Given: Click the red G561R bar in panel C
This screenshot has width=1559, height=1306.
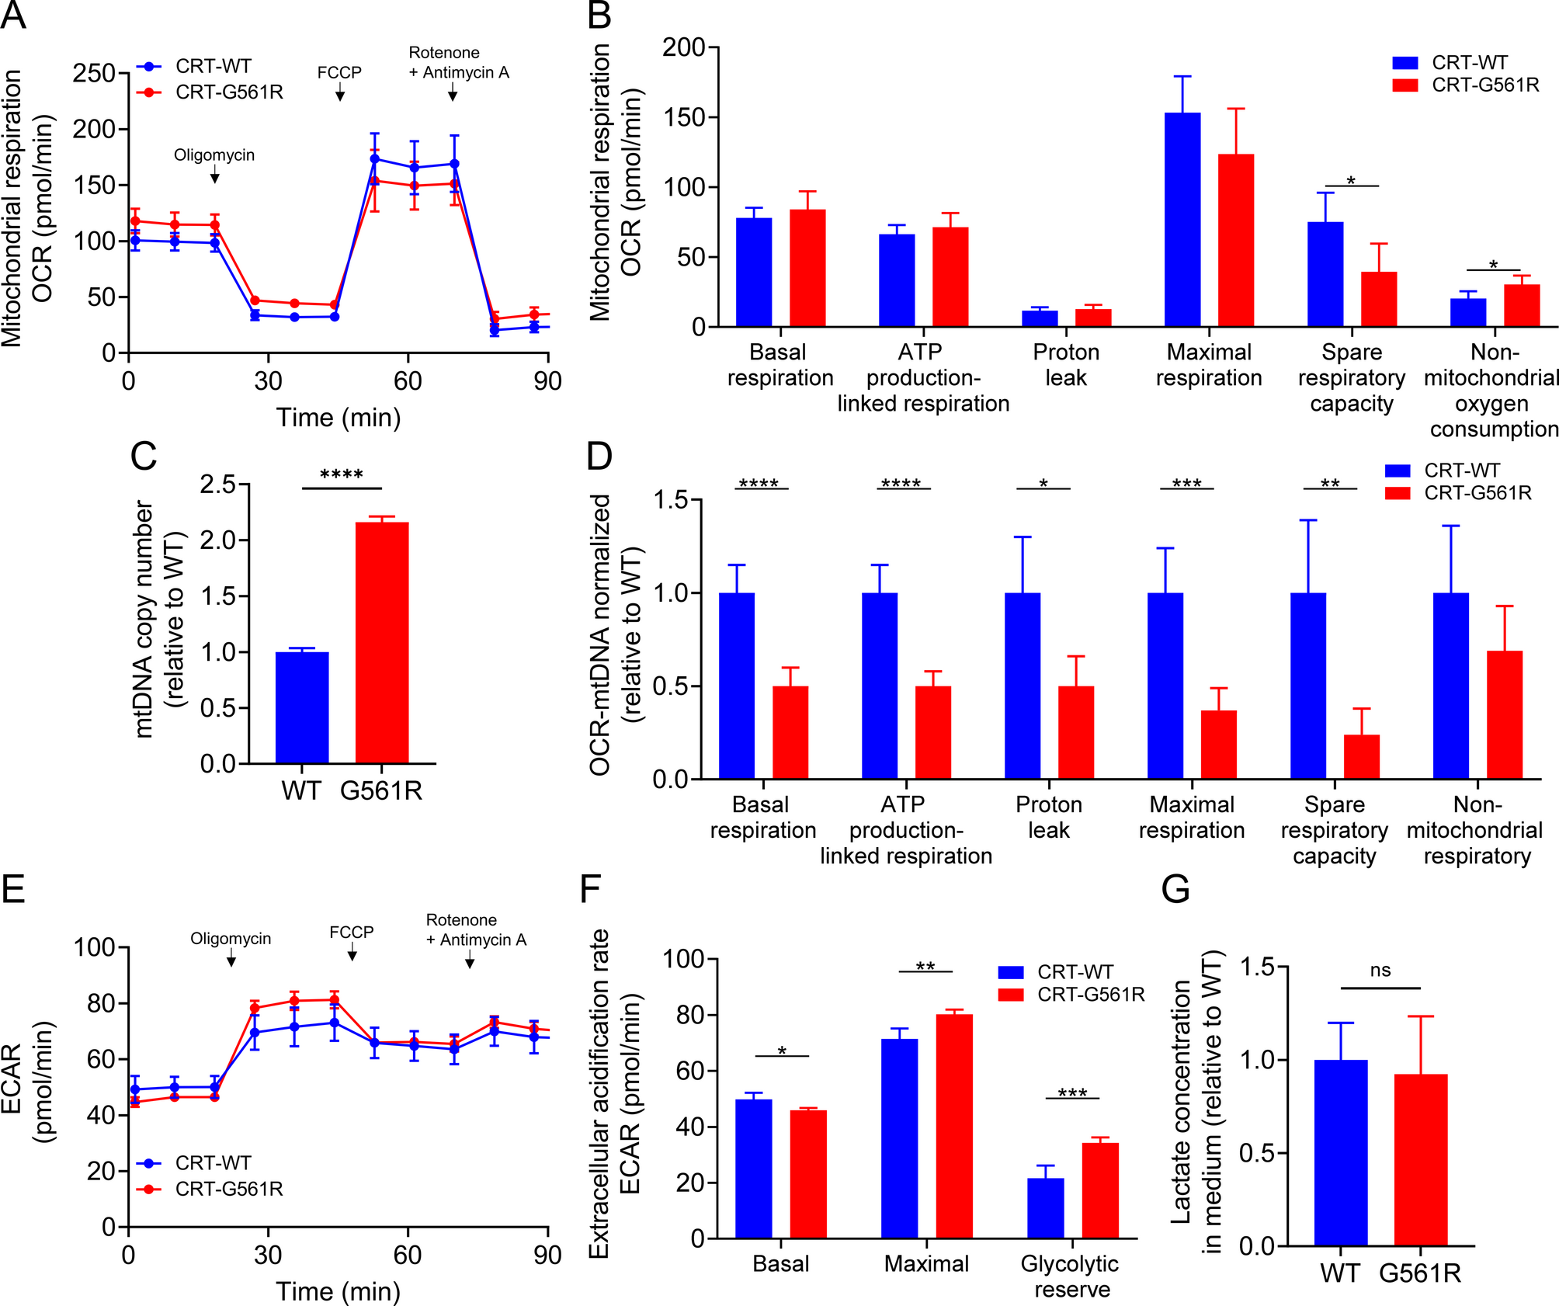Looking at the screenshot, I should pyautogui.click(x=382, y=642).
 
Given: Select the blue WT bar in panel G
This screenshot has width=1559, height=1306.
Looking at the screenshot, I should pyautogui.click(x=1341, y=1152).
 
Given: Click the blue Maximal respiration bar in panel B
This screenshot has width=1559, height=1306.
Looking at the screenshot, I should pyautogui.click(x=1182, y=220).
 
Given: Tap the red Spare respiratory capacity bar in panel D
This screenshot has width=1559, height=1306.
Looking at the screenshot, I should pyautogui.click(x=1362, y=756).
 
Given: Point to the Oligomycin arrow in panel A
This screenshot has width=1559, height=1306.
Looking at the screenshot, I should pyautogui.click(x=215, y=176).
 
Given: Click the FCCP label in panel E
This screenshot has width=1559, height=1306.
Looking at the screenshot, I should pyautogui.click(x=351, y=932).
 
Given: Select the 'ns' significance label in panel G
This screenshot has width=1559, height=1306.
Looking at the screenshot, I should pyautogui.click(x=1380, y=971).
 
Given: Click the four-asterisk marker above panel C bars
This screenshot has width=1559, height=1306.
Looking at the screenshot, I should pyautogui.click(x=342, y=474).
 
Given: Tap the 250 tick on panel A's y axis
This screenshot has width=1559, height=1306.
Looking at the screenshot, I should pyautogui.click(x=94, y=74).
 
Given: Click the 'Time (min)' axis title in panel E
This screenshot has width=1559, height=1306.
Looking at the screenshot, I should pyautogui.click(x=339, y=1291).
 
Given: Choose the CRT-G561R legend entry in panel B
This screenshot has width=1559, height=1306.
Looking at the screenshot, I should pyautogui.click(x=1465, y=85).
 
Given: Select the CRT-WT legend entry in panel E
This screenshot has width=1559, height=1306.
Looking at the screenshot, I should pyautogui.click(x=194, y=1163).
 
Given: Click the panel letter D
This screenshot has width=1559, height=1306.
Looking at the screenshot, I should pyautogui.click(x=599, y=456).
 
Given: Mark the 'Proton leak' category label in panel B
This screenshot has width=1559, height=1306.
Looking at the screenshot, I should pyautogui.click(x=1066, y=365).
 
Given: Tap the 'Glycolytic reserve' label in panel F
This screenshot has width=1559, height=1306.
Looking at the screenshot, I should pyautogui.click(x=1070, y=1276).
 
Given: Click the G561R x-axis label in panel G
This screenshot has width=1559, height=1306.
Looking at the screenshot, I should pyautogui.click(x=1420, y=1274).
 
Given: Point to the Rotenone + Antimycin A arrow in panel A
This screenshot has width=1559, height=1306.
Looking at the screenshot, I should pyautogui.click(x=452, y=94).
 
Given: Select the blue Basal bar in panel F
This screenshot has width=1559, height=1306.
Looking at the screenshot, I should pyautogui.click(x=753, y=1169).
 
